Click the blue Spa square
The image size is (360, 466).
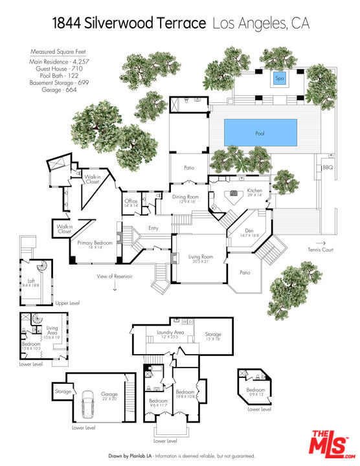click(x=280, y=78)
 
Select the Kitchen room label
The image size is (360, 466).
click(x=254, y=191)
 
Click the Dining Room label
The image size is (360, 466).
click(x=185, y=197)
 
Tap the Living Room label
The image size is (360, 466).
click(x=200, y=258)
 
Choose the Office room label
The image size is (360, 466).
click(x=131, y=201)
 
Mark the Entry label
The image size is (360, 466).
click(x=153, y=228)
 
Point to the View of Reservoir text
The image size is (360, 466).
click(x=114, y=276)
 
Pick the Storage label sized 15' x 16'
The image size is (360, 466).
click(x=213, y=335)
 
